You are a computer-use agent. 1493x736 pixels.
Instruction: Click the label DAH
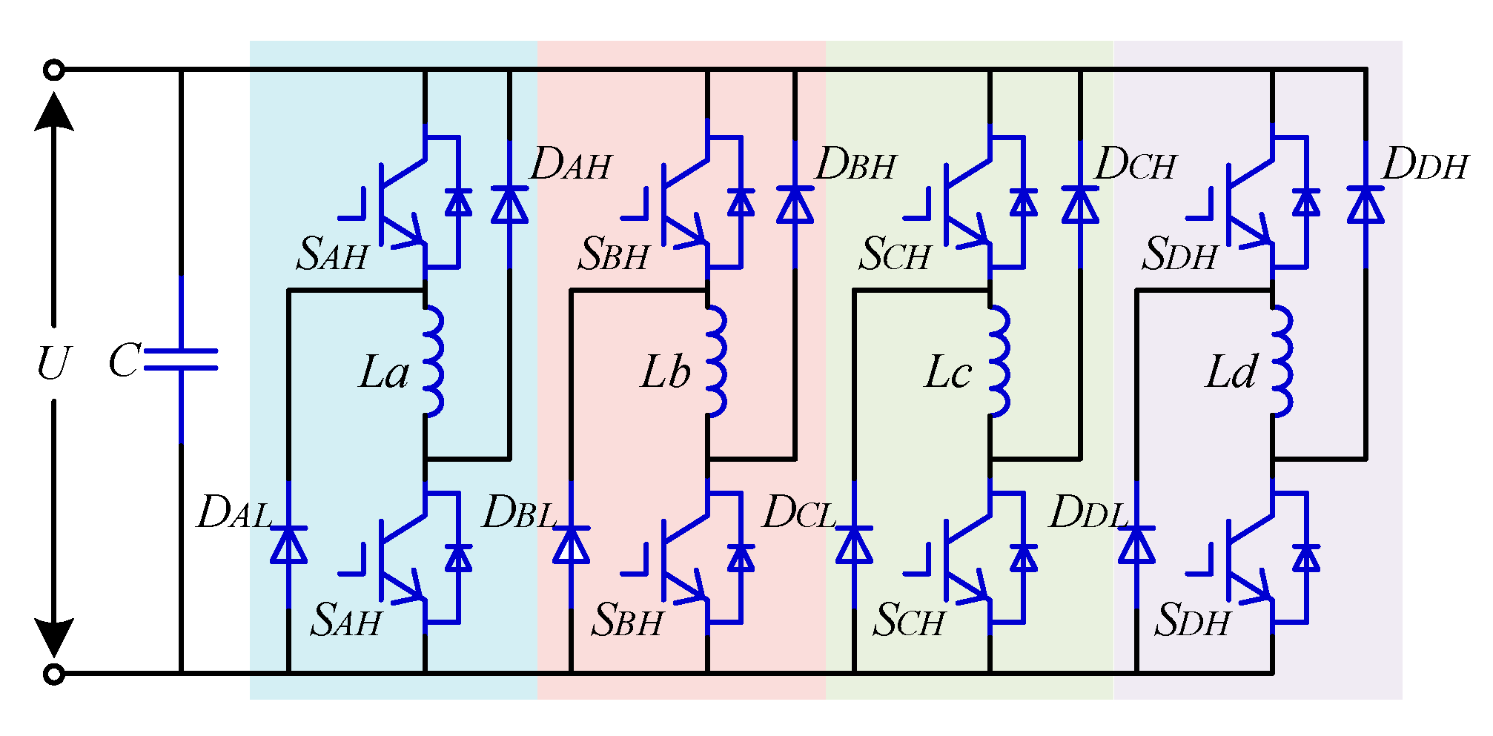570,165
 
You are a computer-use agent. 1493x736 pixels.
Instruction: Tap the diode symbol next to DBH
795,205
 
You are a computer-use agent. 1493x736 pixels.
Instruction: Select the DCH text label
1135,165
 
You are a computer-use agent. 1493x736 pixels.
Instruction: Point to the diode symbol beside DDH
1365,205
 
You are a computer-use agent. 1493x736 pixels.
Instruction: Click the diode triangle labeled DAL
288,545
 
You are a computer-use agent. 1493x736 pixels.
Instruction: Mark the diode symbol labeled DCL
854,545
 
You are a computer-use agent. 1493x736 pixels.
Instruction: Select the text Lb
665,372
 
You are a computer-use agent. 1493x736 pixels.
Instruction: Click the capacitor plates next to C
181,359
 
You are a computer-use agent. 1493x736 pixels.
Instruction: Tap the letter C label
124,361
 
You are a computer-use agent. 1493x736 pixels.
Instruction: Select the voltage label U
54,363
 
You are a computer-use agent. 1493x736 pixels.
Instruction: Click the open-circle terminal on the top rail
53,70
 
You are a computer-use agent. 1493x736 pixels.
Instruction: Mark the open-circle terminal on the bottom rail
53,674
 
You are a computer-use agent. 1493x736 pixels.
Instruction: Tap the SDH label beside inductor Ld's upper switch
1179,254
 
